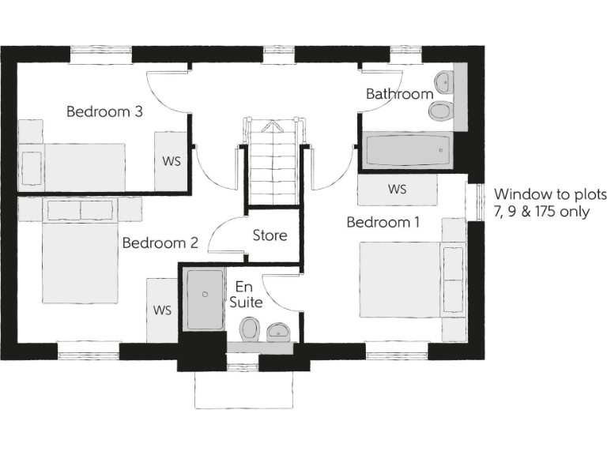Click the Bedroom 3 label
pos(104,111)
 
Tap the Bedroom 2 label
pos(160,243)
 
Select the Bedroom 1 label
pos(383,223)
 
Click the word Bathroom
pos(399,94)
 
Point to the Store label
pos(270,235)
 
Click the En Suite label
pos(245,295)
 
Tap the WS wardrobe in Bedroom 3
pos(172,161)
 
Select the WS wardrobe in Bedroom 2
pos(163,309)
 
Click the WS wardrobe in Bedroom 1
pos(397,190)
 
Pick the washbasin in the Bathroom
pos(445,80)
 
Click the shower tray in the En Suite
pos(205,299)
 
